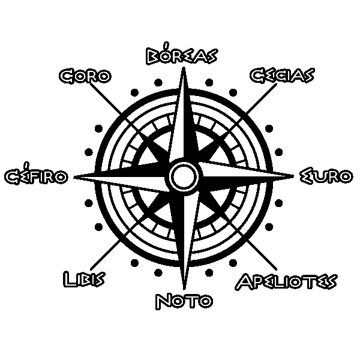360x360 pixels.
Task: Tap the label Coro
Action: [x=85, y=76]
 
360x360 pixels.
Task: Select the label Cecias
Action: [x=282, y=76]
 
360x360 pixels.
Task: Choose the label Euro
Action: [x=326, y=176]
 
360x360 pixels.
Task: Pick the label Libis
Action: [x=84, y=279]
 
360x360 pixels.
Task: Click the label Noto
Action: [x=184, y=301]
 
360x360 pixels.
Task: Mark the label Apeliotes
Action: [x=286, y=281]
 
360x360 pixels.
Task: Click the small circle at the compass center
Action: [x=184, y=177]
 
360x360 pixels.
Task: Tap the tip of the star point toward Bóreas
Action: [x=184, y=67]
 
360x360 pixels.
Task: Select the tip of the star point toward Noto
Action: [x=184, y=290]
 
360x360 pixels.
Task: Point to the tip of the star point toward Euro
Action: [x=294, y=176]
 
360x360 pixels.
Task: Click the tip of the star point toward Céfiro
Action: [x=73, y=177]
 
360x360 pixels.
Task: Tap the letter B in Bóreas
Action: [x=152, y=56]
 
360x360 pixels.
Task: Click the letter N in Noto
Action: [x=163, y=301]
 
